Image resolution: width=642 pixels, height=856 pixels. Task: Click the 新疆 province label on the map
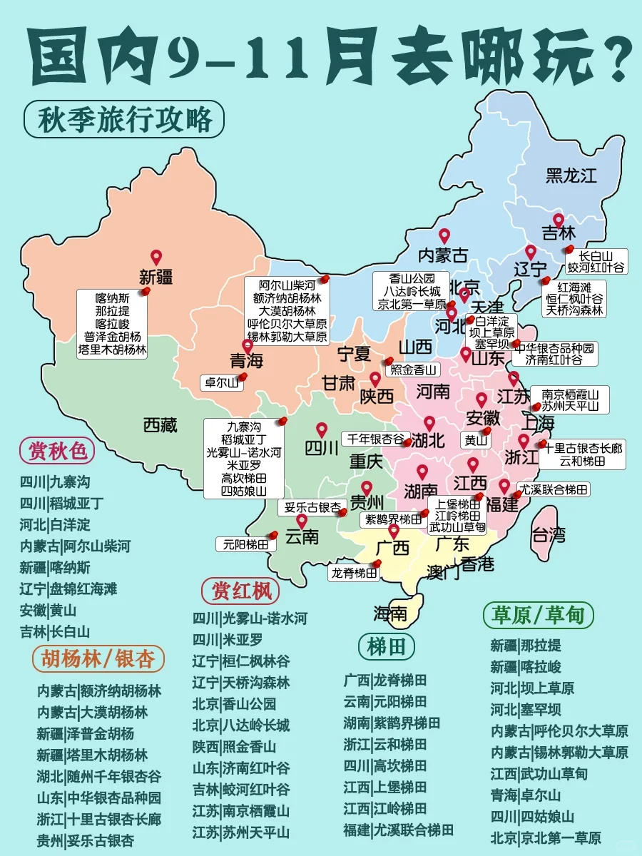point(156,277)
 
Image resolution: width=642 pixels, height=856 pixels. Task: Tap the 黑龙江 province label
point(571,175)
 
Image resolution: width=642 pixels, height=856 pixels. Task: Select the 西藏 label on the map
point(160,426)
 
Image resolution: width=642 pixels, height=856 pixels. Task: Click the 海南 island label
point(390,613)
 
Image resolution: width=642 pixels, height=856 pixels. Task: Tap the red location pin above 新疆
point(156,257)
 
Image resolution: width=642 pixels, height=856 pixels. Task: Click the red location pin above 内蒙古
point(444,235)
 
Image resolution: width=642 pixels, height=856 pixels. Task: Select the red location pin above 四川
point(322,429)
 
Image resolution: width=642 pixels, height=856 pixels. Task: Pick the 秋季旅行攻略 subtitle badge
point(124,118)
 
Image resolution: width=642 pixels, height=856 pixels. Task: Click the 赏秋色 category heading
point(57,450)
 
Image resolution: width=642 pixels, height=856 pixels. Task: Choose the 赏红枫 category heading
point(240,591)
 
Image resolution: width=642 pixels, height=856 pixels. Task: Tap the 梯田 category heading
point(387,647)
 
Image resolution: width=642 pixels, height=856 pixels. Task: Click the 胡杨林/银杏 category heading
point(98,658)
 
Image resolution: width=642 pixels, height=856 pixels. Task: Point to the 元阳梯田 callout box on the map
point(246,544)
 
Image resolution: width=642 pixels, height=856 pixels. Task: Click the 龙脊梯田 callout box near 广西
point(355,572)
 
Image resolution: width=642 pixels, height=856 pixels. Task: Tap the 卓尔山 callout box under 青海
point(221,382)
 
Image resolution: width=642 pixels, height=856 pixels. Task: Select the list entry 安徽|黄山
point(48,611)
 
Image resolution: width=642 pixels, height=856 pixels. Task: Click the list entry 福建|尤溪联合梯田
point(399,830)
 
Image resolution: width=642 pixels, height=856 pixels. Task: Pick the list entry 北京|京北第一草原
point(546,838)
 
